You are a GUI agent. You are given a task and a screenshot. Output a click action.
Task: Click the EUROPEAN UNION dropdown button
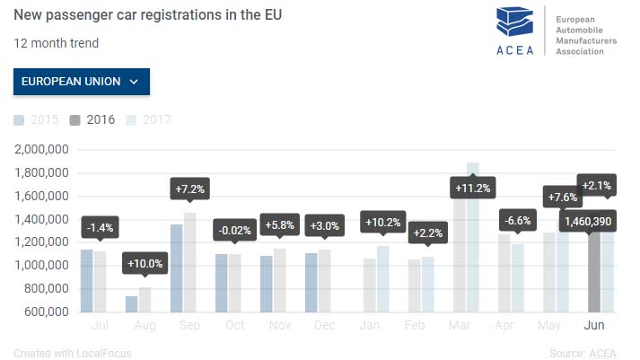click(x=82, y=81)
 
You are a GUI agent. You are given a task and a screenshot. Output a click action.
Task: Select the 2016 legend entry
click(x=93, y=119)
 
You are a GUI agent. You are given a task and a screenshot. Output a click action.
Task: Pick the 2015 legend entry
click(x=38, y=119)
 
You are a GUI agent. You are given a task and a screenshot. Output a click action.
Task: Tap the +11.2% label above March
click(x=472, y=188)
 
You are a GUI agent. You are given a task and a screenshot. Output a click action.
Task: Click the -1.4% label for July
click(x=100, y=228)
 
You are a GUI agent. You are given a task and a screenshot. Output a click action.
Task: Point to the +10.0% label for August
click(x=145, y=263)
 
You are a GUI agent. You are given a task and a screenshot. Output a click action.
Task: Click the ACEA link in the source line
click(x=604, y=353)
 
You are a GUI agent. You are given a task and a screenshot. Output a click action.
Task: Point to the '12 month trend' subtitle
click(x=56, y=43)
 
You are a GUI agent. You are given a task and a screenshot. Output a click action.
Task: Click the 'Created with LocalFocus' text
click(x=73, y=353)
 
